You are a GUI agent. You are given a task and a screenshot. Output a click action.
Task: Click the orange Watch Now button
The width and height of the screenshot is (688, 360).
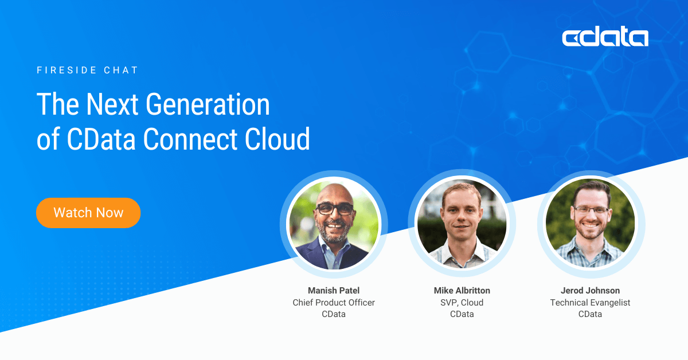pos(88,213)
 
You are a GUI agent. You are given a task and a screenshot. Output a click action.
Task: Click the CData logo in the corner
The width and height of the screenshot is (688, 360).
pos(605,37)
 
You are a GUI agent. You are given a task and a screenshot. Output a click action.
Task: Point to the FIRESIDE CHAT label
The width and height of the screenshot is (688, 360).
pos(88,71)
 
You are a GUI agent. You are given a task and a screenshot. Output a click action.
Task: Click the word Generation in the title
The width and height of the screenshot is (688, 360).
pos(208,104)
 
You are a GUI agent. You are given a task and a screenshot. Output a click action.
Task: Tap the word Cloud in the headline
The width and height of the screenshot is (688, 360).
pos(277,139)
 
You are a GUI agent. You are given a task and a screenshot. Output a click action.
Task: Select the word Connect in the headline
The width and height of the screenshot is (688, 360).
pos(190,139)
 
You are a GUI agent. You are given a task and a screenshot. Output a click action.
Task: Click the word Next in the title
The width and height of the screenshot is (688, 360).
pos(112,104)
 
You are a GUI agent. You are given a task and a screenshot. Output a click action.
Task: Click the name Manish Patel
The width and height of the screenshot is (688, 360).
pos(334,290)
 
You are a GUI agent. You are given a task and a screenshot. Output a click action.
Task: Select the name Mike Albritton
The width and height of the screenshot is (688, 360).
pos(462,290)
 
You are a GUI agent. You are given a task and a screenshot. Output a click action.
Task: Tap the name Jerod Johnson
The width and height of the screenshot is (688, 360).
pos(590,290)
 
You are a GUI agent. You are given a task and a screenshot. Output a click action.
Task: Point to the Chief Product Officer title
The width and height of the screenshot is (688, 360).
pos(334,303)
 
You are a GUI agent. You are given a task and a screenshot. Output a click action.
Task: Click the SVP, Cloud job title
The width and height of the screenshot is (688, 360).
pos(462,303)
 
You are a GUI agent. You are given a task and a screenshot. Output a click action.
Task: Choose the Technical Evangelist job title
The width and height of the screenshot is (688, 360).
pos(590,303)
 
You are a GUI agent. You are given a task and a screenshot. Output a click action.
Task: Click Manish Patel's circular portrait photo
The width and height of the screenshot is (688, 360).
pos(334,224)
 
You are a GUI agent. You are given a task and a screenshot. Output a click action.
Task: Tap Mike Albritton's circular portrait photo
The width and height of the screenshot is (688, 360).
pos(462,224)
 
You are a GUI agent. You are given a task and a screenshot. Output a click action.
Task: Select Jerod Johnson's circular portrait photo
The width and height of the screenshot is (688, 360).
pos(591,224)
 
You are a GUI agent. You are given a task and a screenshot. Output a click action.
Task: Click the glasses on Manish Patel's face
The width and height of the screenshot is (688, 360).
pos(335,209)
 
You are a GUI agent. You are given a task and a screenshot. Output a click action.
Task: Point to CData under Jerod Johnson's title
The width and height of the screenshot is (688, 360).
pos(590,314)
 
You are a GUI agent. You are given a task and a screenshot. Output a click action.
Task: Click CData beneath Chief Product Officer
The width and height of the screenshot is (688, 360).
pos(334,314)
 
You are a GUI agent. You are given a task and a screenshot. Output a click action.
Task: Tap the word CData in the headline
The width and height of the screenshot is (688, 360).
pos(101,139)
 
